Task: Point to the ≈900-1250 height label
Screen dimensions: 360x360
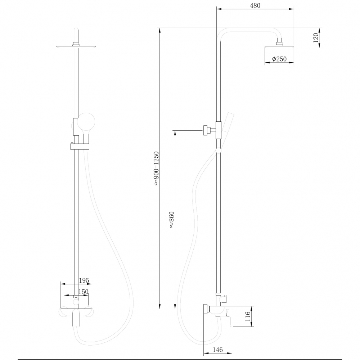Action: [x=156, y=168]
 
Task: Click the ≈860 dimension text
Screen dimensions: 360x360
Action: [x=171, y=220]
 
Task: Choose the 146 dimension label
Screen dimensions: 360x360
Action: [x=218, y=349]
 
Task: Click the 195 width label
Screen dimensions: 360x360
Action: [x=84, y=280]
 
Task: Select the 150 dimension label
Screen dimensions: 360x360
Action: [x=83, y=292]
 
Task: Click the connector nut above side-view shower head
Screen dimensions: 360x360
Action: [x=279, y=44]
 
